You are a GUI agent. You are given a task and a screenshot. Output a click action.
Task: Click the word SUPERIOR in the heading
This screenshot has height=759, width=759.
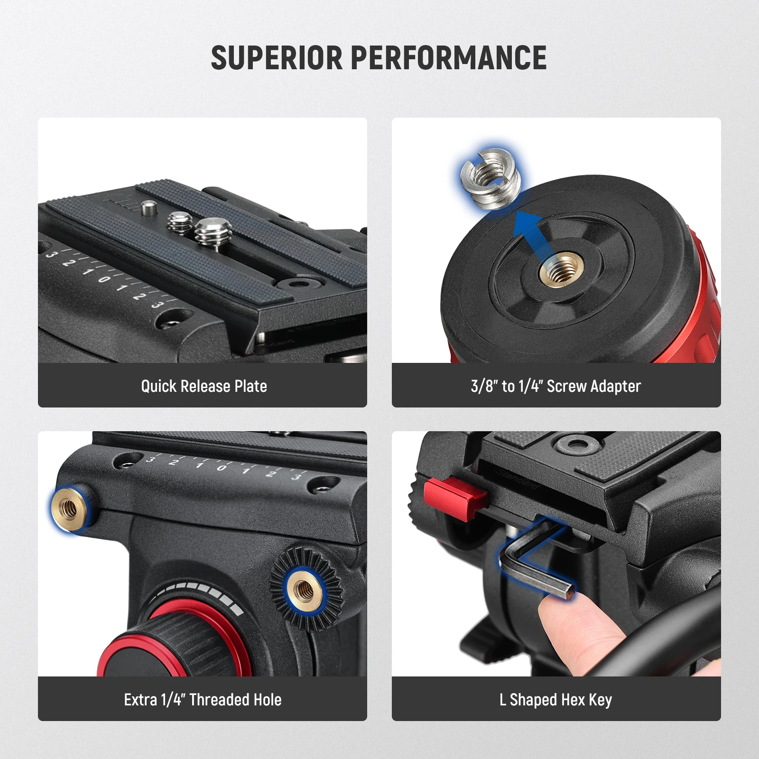pyautogui.click(x=277, y=58)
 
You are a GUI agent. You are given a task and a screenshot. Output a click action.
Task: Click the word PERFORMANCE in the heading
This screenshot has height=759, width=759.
pyautogui.click(x=449, y=58)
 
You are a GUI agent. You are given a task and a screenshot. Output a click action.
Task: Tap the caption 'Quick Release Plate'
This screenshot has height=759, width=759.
pyautogui.click(x=204, y=386)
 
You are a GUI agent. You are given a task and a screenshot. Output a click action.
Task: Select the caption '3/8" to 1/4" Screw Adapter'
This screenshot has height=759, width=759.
pyautogui.click(x=556, y=386)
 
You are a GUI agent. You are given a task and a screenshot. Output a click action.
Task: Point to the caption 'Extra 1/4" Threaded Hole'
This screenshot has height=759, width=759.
pyautogui.click(x=203, y=700)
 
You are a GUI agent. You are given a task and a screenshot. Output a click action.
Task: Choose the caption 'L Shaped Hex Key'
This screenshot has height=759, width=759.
pyautogui.click(x=556, y=700)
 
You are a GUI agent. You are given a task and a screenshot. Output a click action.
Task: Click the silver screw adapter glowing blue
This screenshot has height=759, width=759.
pyautogui.click(x=491, y=178)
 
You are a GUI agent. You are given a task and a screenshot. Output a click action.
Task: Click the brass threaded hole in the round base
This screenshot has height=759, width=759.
pyautogui.click(x=561, y=273)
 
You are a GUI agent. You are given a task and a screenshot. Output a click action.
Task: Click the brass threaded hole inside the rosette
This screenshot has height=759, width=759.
pyautogui.click(x=304, y=590)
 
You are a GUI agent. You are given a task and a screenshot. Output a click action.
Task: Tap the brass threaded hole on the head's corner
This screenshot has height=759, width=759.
pyautogui.click(x=70, y=509)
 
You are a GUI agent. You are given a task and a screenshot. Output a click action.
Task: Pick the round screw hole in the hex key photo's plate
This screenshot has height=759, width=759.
pyautogui.click(x=576, y=444)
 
